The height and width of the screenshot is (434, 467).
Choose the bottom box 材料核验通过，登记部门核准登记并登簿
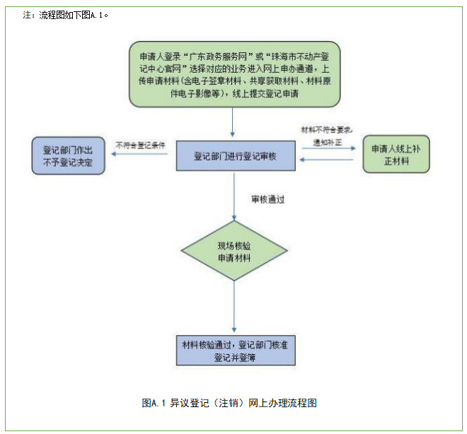pos(234,351)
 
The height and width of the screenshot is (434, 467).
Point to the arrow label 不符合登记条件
pos(141,145)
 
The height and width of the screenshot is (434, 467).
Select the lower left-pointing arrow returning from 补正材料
pos(327,161)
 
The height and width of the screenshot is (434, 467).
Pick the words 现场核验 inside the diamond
pos(234,245)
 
